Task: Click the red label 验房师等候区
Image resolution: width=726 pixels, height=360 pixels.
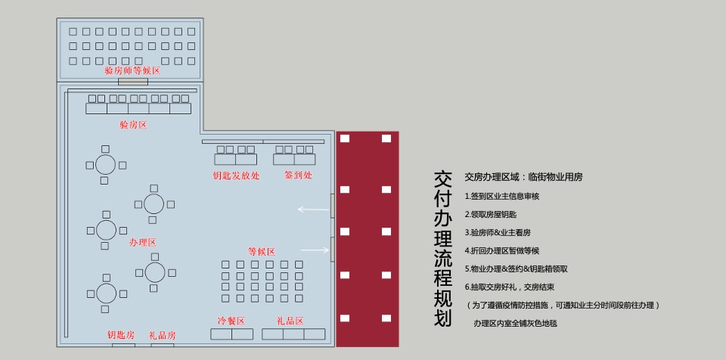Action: pyautogui.click(x=132, y=70)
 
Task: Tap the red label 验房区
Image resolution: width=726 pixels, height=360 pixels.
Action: pyautogui.click(x=133, y=124)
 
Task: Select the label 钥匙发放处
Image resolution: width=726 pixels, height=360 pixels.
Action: pyautogui.click(x=236, y=175)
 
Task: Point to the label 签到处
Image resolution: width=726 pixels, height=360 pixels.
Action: pyautogui.click(x=298, y=175)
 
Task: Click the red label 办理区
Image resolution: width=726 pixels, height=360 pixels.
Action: pyautogui.click(x=142, y=243)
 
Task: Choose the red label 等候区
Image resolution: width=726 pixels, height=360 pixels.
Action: pyautogui.click(x=261, y=252)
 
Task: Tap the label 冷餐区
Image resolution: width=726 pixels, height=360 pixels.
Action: pyautogui.click(x=231, y=321)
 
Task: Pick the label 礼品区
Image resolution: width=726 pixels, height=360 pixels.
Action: pyautogui.click(x=290, y=321)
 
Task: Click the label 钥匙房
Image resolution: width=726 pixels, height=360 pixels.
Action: pyautogui.click(x=121, y=335)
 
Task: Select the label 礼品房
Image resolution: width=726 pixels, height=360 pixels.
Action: pyautogui.click(x=163, y=335)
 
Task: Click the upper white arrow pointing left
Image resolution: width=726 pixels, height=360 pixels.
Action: pyautogui.click(x=312, y=209)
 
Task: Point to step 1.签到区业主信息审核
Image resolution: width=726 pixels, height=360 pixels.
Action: pyautogui.click(x=501, y=196)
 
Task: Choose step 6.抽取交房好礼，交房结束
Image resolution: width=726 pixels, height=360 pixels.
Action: pyautogui.click(x=510, y=287)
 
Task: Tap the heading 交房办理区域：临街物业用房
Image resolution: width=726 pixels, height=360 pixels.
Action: pyautogui.click(x=523, y=177)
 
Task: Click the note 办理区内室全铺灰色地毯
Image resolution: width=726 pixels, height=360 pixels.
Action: pyautogui.click(x=515, y=323)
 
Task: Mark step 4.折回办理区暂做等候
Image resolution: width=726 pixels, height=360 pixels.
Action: pyautogui.click(x=501, y=250)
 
